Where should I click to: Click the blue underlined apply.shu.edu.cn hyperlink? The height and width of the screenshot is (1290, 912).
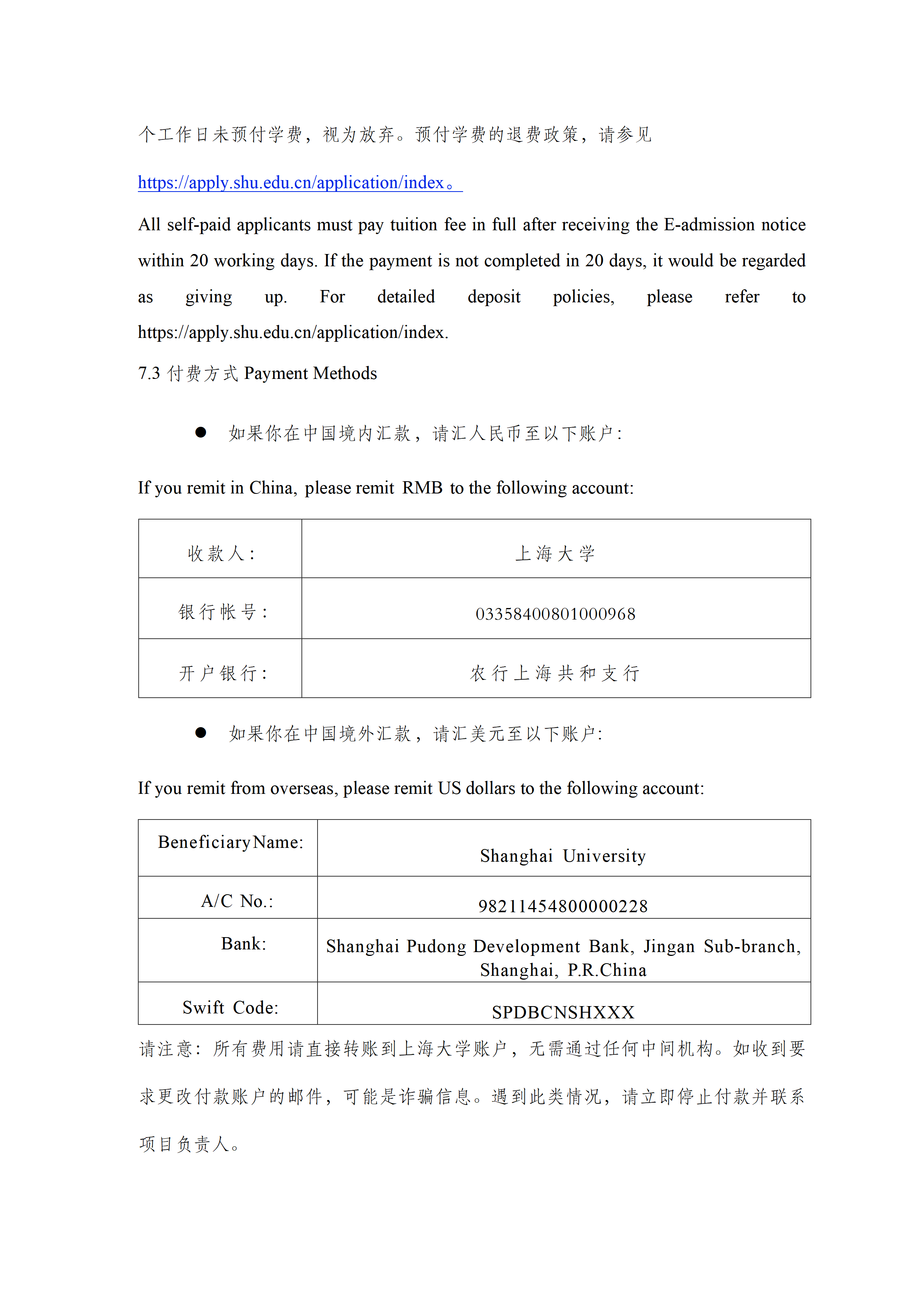click(292, 183)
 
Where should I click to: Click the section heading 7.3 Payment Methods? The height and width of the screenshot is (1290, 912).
click(257, 374)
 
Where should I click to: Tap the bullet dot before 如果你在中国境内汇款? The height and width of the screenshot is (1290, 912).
click(200, 432)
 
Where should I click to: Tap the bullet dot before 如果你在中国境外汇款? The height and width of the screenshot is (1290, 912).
click(200, 733)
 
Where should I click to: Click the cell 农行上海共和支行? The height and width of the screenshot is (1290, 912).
click(555, 673)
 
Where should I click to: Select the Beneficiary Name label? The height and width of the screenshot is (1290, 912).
click(230, 842)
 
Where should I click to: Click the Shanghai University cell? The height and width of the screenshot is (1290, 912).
click(563, 856)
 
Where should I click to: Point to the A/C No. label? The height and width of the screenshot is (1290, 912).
click(237, 901)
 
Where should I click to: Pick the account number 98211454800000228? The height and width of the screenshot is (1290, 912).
click(563, 906)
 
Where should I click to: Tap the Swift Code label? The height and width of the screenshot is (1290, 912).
click(230, 1007)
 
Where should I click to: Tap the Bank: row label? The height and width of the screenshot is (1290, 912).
click(244, 944)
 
